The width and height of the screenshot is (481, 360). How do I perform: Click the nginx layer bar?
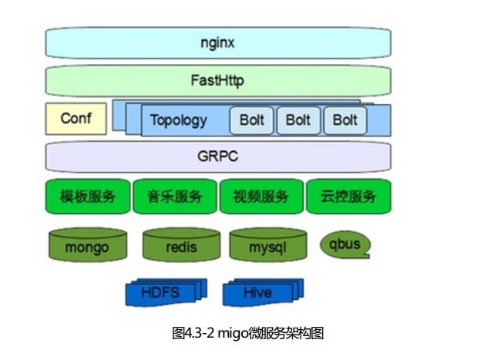[x=218, y=42]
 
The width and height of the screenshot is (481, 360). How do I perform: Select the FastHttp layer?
[x=218, y=80]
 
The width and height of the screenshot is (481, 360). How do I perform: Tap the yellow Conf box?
[x=75, y=119]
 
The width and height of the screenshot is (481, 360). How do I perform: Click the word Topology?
[x=178, y=120]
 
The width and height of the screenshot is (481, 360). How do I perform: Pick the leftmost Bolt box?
[x=251, y=120]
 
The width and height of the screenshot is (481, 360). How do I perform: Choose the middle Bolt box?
[x=298, y=120]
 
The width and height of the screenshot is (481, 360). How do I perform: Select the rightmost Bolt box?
[x=345, y=120]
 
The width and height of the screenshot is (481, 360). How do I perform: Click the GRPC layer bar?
[x=218, y=156]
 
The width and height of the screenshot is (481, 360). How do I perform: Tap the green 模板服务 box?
[x=88, y=196]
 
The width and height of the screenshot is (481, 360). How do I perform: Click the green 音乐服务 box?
[x=175, y=196]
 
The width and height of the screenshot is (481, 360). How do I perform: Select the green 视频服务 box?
[x=261, y=196]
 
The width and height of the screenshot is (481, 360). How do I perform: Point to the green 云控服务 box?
[x=348, y=196]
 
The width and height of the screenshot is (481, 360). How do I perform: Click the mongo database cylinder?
[x=87, y=246]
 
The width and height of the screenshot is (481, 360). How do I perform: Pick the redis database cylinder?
[x=181, y=246]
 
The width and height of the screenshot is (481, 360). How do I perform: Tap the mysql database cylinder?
[x=267, y=246]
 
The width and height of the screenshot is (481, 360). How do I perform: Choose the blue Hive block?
[x=257, y=293]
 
